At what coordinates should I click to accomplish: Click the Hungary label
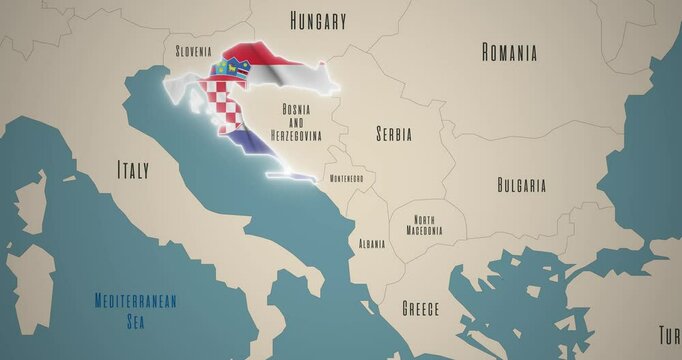pyautogui.click(x=318, y=20)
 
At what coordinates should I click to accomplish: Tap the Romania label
pyautogui.click(x=509, y=52)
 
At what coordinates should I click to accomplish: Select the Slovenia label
pyautogui.click(x=193, y=50)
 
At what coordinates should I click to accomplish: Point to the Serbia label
pyautogui.click(x=393, y=133)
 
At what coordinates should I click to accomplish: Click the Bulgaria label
pyautogui.click(x=521, y=185)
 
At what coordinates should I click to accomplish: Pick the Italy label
pyautogui.click(x=133, y=170)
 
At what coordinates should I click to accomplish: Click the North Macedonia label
pyautogui.click(x=425, y=225)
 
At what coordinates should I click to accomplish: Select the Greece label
pyautogui.click(x=420, y=308)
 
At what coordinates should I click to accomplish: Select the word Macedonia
pyautogui.click(x=425, y=231)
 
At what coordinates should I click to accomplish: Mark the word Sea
pyautogui.click(x=135, y=322)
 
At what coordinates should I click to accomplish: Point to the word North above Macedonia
pyautogui.click(x=425, y=219)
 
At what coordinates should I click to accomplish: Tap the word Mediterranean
pyautogui.click(x=135, y=300)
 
